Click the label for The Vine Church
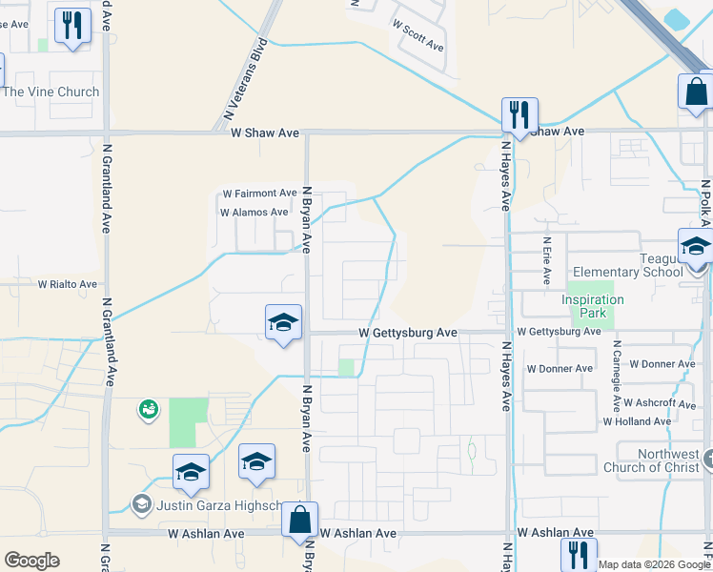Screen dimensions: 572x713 pos(51,92)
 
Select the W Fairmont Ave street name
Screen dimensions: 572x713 pos(260,193)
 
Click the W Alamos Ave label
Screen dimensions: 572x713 pos(254,213)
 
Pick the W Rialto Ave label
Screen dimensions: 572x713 pos(68,284)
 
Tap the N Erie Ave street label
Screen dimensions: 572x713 pos(547,261)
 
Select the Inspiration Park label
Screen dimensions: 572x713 pos(593,306)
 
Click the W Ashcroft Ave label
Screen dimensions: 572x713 pos(644,403)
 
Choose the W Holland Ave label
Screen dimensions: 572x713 pos(638,421)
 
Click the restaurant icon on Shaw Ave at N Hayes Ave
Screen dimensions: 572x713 pos(519,116)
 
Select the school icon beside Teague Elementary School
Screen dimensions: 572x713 pos(696,247)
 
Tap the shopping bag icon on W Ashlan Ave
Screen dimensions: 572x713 pos(299,521)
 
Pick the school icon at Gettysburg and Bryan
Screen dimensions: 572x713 pos(283,323)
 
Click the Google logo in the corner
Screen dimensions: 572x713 pos(31,561)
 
